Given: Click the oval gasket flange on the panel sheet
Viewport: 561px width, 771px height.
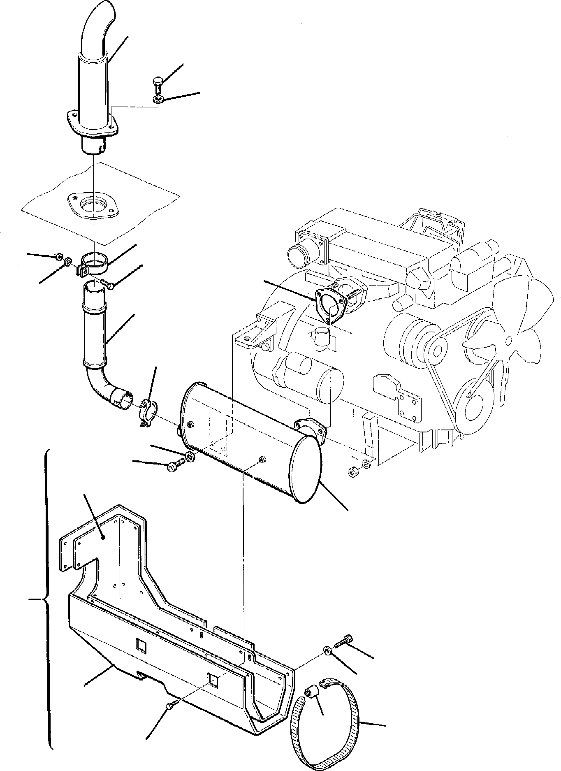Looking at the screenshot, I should coord(93,204).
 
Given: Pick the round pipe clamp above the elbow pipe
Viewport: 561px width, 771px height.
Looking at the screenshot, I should coord(95,263).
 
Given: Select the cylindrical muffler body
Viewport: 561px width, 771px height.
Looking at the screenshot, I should coord(247,440).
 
